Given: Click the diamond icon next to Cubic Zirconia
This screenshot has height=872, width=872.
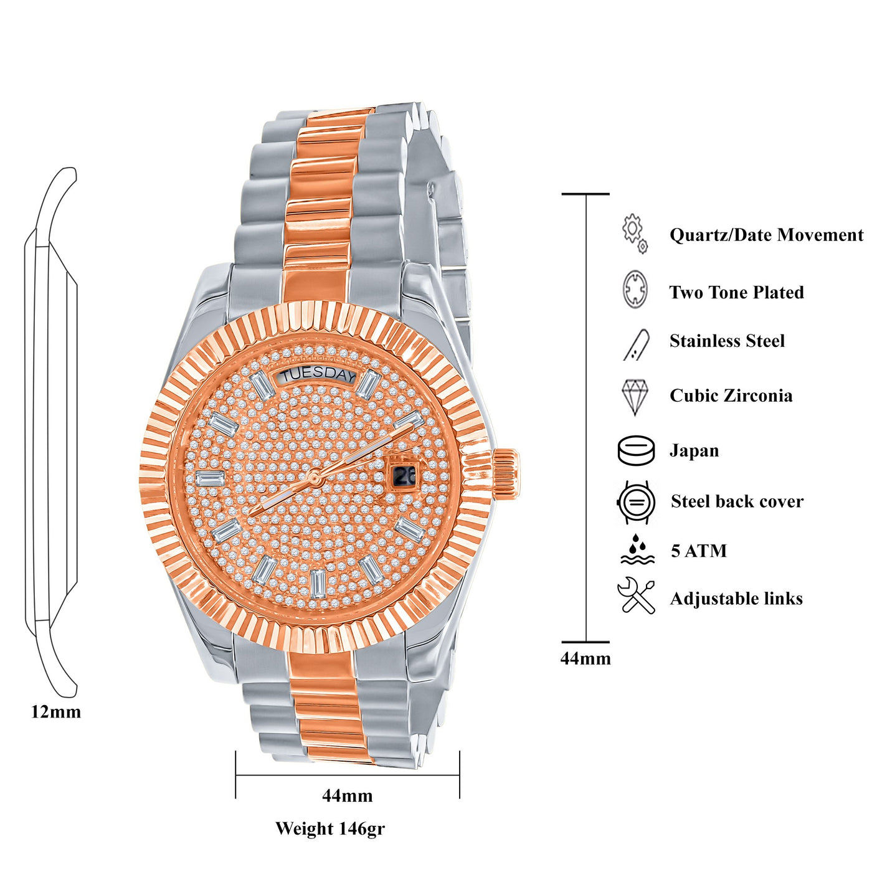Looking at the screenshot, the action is click(635, 397).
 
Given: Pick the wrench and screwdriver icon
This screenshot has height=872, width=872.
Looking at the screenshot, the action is click(636, 597).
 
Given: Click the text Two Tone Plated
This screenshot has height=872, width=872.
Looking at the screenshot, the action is click(736, 293).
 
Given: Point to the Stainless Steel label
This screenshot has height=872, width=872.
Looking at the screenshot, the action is click(727, 341).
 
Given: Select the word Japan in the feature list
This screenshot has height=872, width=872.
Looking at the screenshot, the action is click(694, 451).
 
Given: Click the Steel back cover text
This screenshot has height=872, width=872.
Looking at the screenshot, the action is click(737, 501).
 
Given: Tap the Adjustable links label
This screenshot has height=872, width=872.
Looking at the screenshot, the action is click(736, 599).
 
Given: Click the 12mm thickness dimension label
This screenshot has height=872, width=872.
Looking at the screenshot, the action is click(56, 712).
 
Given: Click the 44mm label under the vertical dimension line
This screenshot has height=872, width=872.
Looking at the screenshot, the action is click(585, 658).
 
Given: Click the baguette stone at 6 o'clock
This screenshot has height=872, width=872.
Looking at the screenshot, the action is click(318, 584).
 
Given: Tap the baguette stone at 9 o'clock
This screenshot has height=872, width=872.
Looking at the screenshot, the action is click(210, 478).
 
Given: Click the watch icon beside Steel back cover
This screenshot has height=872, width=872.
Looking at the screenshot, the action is click(636, 502).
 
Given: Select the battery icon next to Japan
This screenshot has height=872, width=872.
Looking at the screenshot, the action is click(636, 451).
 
